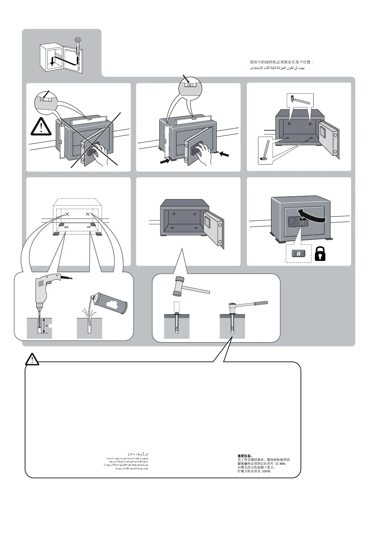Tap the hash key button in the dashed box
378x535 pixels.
click(x=298, y=254)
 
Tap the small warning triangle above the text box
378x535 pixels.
click(x=32, y=359)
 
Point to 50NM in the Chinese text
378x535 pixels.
click(x=266, y=471)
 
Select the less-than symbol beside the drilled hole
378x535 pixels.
click(x=47, y=326)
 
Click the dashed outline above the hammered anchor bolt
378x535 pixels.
click(x=177, y=307)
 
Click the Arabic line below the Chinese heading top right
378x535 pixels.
click(x=277, y=68)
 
